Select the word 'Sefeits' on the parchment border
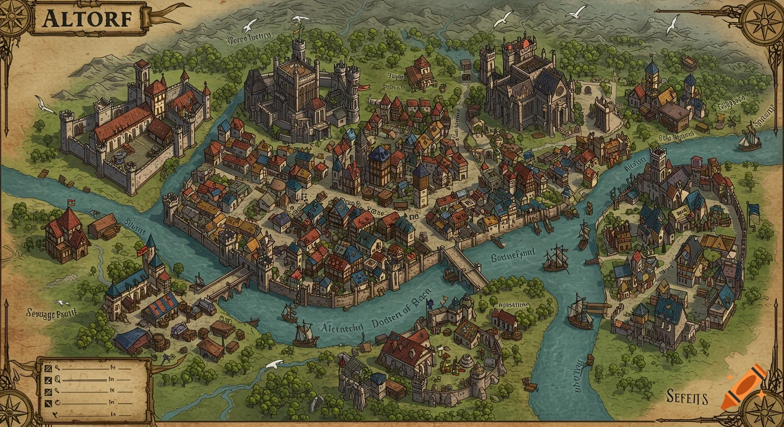[687, 398]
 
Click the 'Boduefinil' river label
[513, 256]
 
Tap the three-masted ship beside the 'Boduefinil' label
[555, 259]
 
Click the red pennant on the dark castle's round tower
[364, 86]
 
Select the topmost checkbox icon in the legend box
[48, 369]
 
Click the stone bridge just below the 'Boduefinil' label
[464, 267]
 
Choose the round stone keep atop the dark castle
[298, 49]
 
